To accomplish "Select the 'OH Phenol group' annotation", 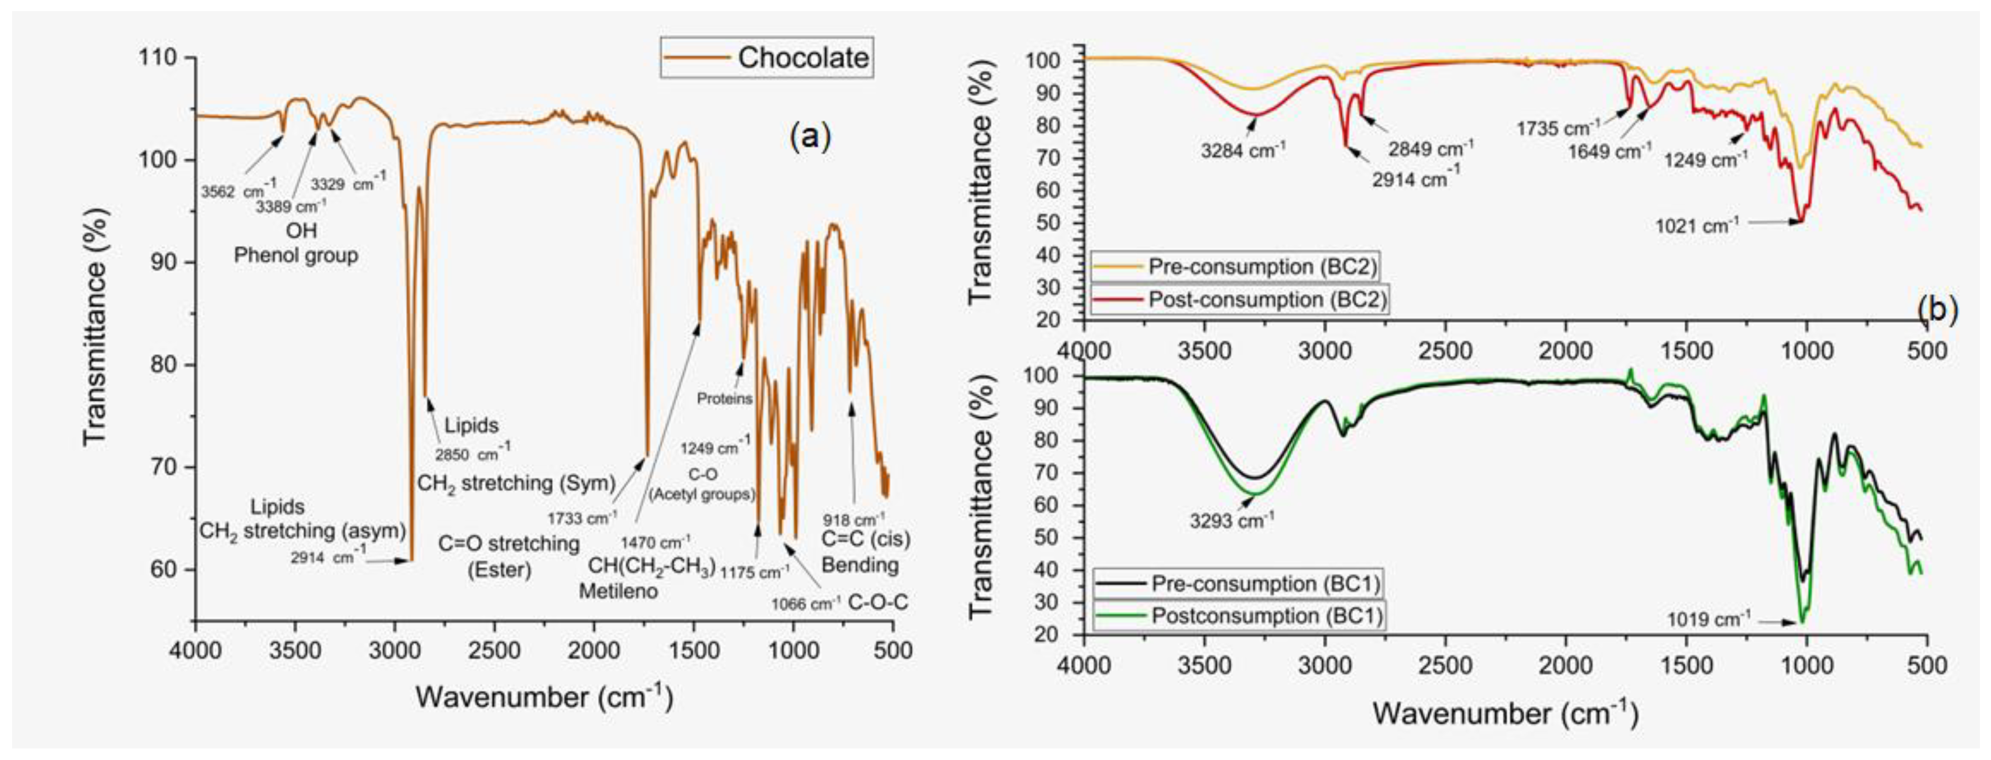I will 296,243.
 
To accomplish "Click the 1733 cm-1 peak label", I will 581,517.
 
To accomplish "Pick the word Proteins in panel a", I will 724,399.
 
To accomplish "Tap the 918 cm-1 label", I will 853,520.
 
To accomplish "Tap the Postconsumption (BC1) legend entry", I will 1239,616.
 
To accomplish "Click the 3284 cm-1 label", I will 1243,149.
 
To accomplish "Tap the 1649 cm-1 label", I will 1609,150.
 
